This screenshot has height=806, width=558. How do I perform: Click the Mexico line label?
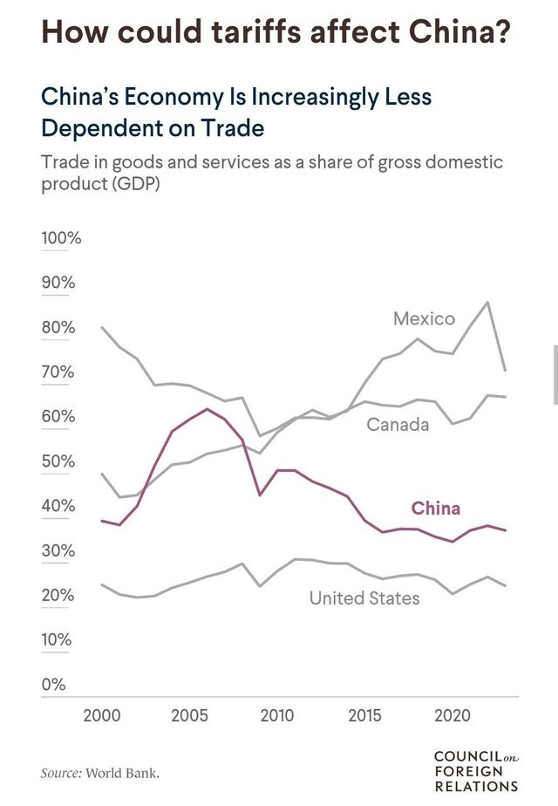click(424, 318)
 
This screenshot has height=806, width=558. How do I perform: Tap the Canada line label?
click(398, 425)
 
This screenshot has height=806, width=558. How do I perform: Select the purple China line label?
click(435, 509)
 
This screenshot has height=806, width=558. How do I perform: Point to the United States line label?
click(364, 598)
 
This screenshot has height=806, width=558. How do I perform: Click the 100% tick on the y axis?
click(61, 238)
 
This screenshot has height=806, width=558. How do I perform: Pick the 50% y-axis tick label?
click(58, 461)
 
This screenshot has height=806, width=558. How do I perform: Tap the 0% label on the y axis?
click(54, 685)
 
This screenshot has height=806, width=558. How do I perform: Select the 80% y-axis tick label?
click(58, 328)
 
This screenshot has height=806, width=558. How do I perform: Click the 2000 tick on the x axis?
click(102, 717)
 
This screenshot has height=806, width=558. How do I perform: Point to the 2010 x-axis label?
click(277, 717)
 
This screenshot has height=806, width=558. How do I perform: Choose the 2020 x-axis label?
click(453, 717)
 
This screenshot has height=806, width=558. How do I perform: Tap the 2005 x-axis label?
click(189, 717)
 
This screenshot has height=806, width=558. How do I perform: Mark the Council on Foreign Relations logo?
click(475, 770)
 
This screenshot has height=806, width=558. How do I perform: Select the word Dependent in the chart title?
click(94, 127)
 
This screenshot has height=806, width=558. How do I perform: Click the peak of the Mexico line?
click(487, 302)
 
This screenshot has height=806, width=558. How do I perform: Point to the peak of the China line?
click(207, 408)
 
